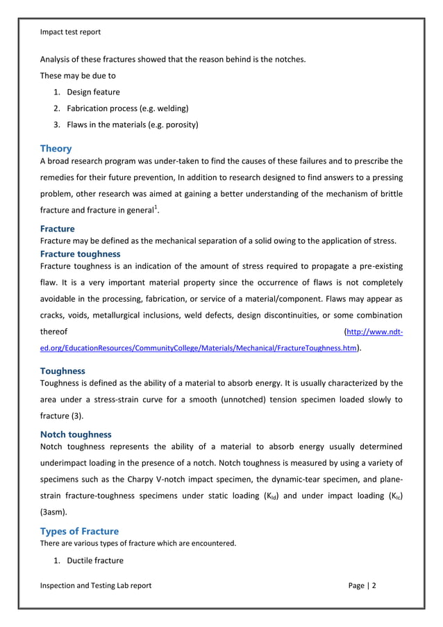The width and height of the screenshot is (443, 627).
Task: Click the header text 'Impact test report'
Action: [70, 32]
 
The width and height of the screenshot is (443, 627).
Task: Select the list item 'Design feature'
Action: [93, 92]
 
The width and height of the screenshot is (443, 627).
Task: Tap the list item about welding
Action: [128, 108]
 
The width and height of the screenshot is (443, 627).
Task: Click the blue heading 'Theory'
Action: [56, 148]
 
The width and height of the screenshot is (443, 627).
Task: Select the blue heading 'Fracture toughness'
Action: [80, 254]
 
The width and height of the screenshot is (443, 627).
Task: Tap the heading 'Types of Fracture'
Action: [79, 531]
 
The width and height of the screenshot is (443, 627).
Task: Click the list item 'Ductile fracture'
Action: [95, 560]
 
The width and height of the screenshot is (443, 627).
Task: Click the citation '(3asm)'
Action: [54, 514]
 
